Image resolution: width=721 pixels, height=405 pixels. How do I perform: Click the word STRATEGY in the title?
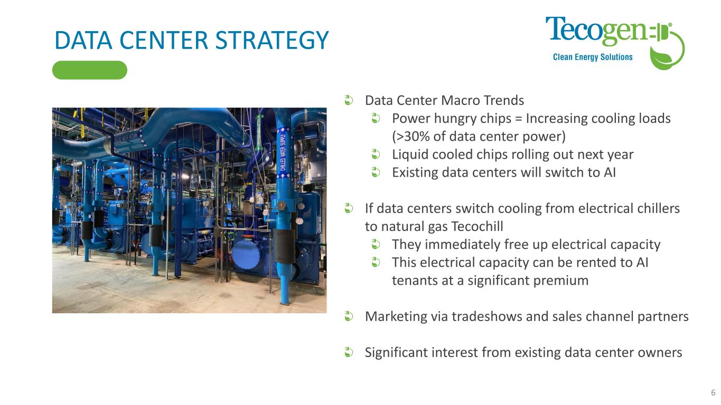point(271,41)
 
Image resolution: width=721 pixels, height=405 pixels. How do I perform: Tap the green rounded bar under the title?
point(90,70)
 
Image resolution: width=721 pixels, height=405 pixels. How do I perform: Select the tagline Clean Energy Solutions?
point(593,57)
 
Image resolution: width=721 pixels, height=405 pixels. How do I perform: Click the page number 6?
point(713,392)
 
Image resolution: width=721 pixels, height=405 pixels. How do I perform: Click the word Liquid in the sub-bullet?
point(409,155)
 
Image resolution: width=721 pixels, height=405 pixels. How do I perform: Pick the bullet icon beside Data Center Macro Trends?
point(349,100)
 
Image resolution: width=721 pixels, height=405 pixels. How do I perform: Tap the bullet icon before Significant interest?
point(349,352)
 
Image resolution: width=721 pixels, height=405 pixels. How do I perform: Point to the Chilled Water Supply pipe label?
point(282,153)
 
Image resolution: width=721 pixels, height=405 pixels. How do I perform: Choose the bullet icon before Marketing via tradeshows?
point(349,316)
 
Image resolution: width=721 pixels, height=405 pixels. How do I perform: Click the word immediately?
point(461,245)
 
